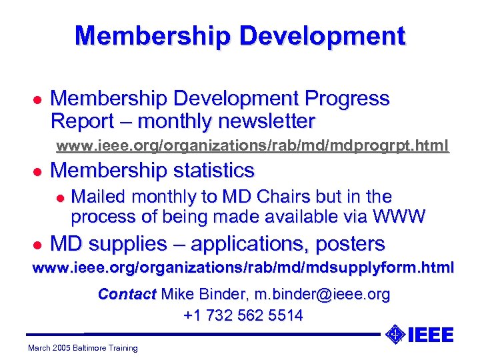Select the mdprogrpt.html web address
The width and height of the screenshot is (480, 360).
coord(252,145)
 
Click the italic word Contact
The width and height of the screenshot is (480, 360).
coord(127,294)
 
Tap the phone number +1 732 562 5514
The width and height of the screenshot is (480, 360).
coord(243,315)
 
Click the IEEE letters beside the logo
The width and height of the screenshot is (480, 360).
coord(430,334)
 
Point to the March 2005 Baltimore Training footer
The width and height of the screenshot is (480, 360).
coord(83,347)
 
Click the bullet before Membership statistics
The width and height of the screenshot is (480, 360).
coord(38,171)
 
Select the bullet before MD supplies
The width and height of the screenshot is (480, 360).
coord(38,245)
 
